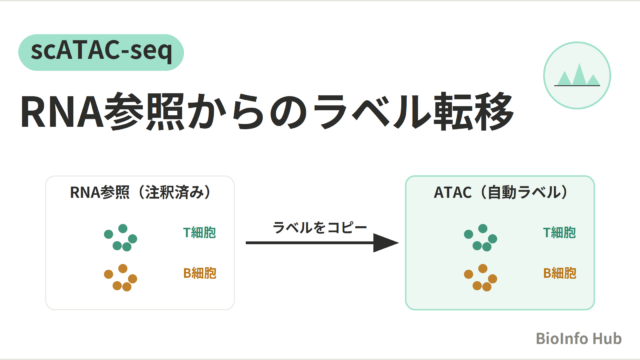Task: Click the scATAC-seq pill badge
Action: click(x=101, y=52)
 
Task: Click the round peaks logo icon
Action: click(x=577, y=76)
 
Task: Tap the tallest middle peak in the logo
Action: click(x=579, y=75)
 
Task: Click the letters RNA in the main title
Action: click(x=62, y=112)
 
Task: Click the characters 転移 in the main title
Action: click(x=473, y=112)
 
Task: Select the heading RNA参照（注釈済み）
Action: click(x=140, y=192)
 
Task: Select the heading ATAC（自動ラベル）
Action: click(x=500, y=192)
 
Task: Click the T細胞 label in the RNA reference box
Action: click(x=199, y=233)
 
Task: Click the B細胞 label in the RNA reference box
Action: click(x=199, y=273)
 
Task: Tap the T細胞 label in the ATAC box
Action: click(x=559, y=233)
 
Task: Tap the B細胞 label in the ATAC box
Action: click(x=559, y=273)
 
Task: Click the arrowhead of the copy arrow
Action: click(x=385, y=243)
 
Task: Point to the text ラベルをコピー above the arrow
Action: click(x=320, y=227)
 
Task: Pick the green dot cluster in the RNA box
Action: click(x=120, y=238)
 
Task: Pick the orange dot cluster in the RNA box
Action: click(x=120, y=278)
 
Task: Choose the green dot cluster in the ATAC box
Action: click(x=480, y=238)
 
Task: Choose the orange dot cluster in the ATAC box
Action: click(x=480, y=278)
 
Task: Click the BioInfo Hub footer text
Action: click(x=578, y=338)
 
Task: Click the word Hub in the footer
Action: click(x=607, y=338)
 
